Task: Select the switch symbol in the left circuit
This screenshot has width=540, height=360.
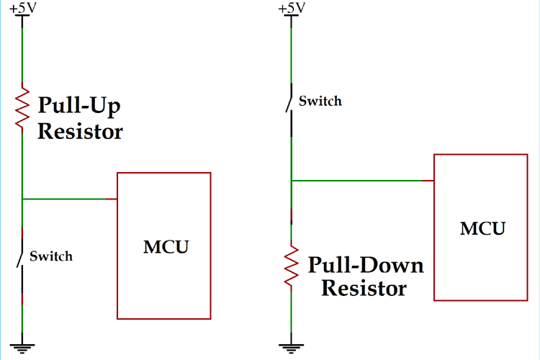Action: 22,256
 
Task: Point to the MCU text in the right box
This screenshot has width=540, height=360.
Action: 482,229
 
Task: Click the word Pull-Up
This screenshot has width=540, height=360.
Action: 78,107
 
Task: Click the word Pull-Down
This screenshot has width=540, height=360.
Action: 366,265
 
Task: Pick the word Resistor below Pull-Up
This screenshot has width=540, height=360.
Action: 80,132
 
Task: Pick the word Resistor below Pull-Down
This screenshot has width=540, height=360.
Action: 364,289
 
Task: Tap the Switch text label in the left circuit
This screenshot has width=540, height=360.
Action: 52,256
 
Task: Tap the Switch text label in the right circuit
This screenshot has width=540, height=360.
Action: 320,101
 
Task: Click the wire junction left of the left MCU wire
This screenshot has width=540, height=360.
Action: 23,199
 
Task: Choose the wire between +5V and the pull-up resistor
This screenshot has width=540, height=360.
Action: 23,50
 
